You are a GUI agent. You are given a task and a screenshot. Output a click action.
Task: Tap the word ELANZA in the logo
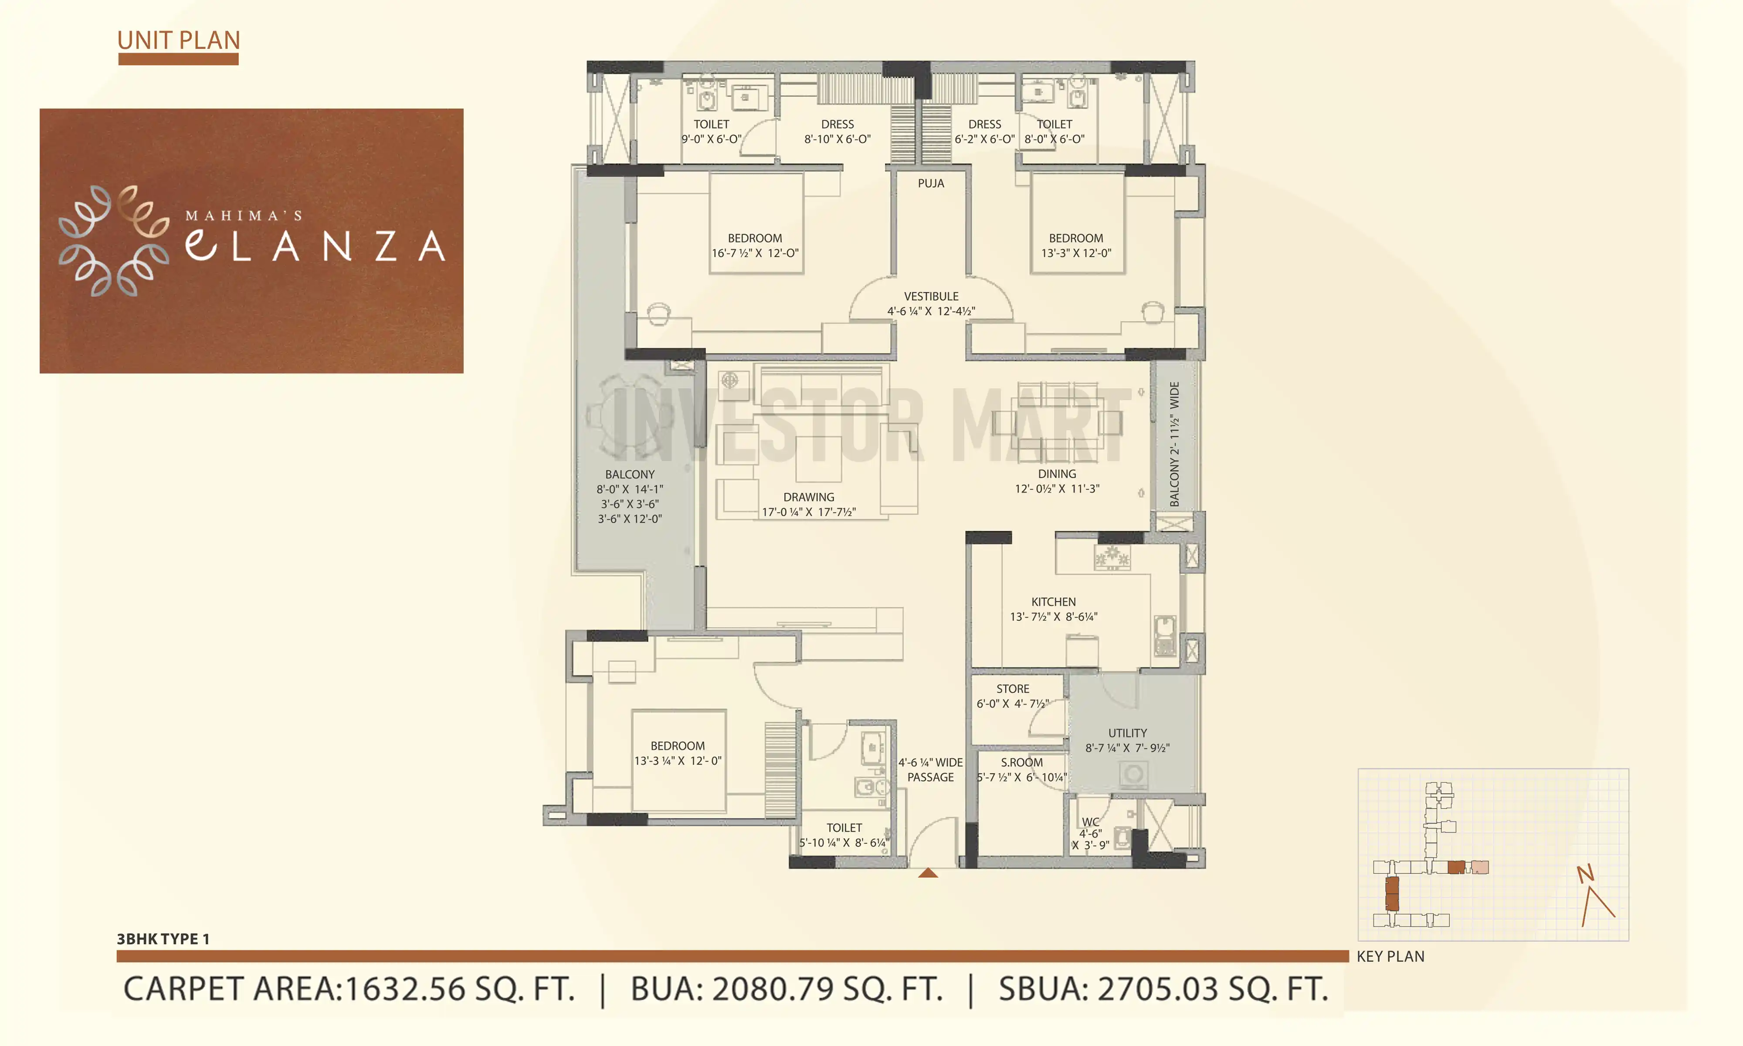pyautogui.click(x=315, y=245)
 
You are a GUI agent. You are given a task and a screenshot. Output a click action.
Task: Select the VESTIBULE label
pyautogui.click(x=931, y=296)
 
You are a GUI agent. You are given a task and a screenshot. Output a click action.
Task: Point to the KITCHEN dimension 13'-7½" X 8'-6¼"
pyautogui.click(x=1053, y=617)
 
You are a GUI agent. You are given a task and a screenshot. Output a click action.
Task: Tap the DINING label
pyautogui.click(x=1056, y=474)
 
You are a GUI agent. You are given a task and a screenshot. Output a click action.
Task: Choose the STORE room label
pyautogui.click(x=1012, y=689)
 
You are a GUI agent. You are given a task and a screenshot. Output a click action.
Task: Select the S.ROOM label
pyautogui.click(x=1021, y=763)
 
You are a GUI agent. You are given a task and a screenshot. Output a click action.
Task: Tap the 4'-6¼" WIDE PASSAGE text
pyautogui.click(x=930, y=770)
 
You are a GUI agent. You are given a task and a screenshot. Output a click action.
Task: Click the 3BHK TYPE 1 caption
pyautogui.click(x=163, y=939)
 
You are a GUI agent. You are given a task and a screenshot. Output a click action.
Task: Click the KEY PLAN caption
pyautogui.click(x=1390, y=957)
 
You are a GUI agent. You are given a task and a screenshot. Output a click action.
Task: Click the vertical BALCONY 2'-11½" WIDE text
pyautogui.click(x=1174, y=444)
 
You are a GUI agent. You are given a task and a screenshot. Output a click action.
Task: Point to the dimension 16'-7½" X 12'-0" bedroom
pyautogui.click(x=755, y=253)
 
